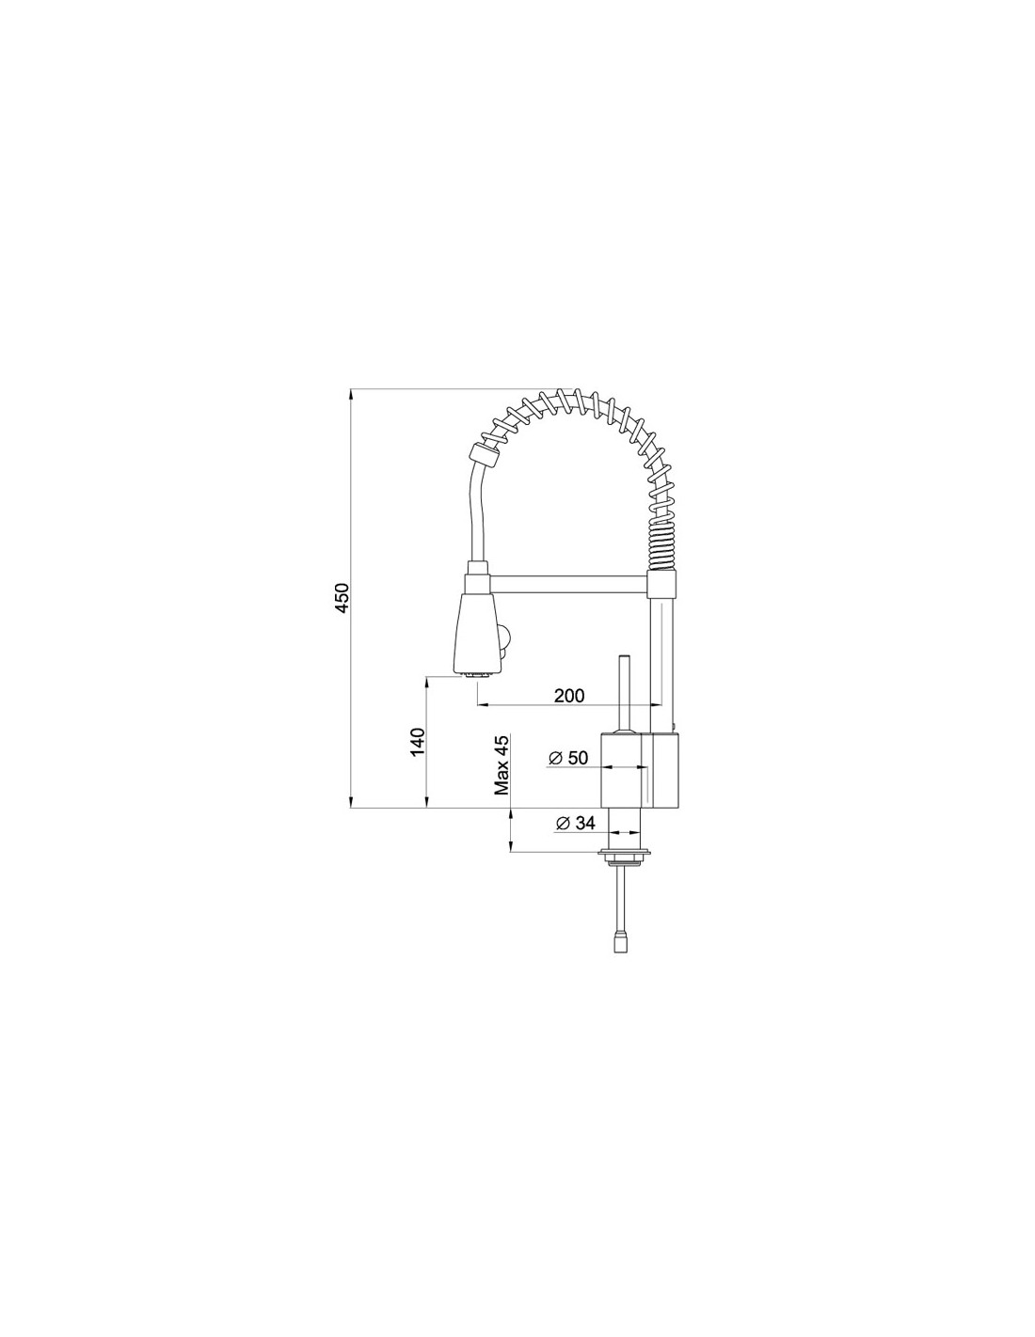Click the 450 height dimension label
pyautogui.click(x=342, y=598)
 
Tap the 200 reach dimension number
pyautogui.click(x=568, y=696)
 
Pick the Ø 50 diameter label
pyautogui.click(x=568, y=758)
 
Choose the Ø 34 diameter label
pyautogui.click(x=576, y=823)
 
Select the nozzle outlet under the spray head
pyautogui.click(x=479, y=674)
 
